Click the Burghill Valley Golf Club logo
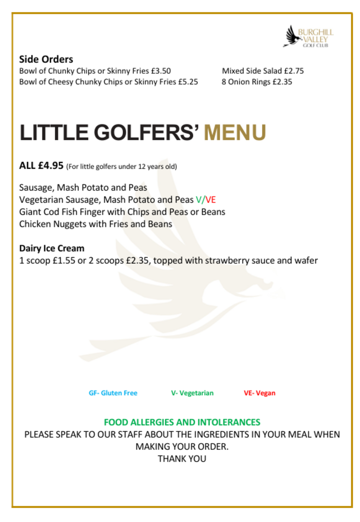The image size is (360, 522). [308, 37]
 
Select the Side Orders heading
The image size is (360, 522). [46, 59]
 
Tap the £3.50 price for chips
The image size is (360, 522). [161, 71]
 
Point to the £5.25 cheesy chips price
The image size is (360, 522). [188, 82]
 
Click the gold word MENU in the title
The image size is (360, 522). [235, 133]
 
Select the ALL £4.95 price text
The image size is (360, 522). [41, 166]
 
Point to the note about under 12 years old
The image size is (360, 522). [121, 167]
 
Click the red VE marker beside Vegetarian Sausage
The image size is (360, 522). [211, 200]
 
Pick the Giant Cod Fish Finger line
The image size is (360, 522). [122, 212]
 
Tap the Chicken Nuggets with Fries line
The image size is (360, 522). [96, 224]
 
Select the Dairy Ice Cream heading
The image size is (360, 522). [52, 248]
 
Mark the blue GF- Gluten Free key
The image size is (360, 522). [113, 393]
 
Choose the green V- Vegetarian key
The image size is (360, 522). [192, 393]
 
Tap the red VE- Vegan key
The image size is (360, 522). [260, 393]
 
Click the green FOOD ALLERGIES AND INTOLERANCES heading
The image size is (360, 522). [182, 422]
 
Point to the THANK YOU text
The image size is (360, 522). [182, 459]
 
